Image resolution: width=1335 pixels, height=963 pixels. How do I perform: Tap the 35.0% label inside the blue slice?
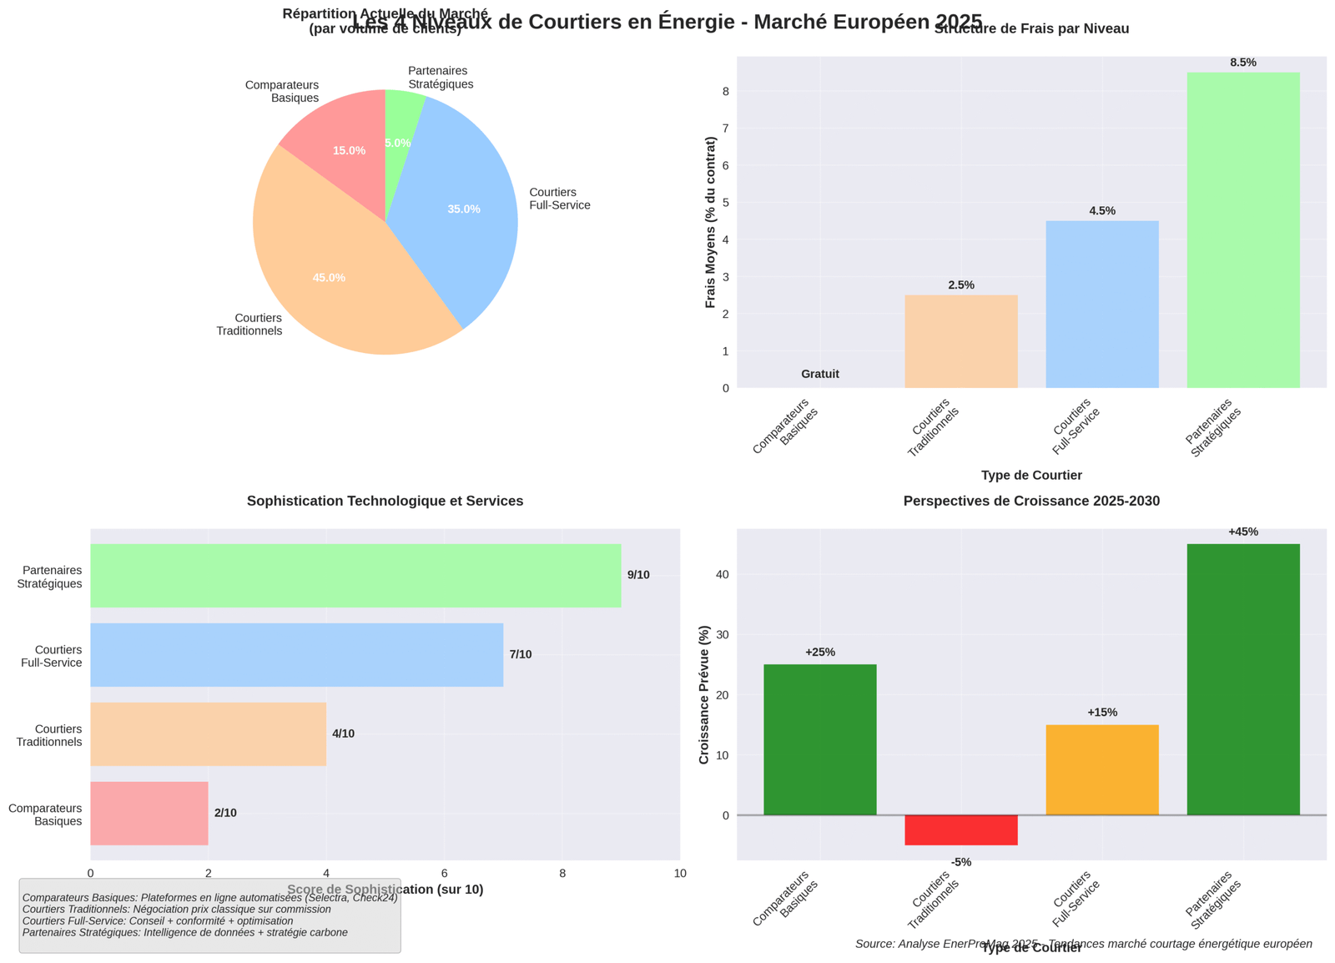coord(464,209)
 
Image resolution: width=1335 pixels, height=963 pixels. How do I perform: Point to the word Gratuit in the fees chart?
coord(819,374)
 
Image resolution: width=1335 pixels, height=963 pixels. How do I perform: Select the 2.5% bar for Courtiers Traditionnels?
coord(960,341)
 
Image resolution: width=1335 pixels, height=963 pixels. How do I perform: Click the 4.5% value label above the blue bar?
coord(1101,211)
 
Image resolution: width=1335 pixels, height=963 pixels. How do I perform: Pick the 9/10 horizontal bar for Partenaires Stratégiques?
coord(355,576)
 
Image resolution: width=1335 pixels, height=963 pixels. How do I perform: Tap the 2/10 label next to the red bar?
coord(225,813)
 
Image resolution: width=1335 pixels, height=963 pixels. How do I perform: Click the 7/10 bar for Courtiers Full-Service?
coord(296,654)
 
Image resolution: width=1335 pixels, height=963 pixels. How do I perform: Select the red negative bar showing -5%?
coord(960,830)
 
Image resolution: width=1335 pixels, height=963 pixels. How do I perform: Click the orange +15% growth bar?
coord(1101,769)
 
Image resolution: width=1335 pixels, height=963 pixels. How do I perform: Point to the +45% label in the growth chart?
coord(1242,532)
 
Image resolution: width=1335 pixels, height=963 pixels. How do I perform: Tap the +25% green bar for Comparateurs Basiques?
coord(819,739)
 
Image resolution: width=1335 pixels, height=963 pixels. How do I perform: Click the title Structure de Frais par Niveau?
coord(1031,29)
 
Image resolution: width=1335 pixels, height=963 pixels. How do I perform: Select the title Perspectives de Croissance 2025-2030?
coord(1031,502)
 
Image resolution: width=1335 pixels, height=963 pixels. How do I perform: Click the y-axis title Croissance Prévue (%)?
coord(703,694)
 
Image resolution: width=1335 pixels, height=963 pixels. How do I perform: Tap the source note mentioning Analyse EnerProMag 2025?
coord(1083,944)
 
